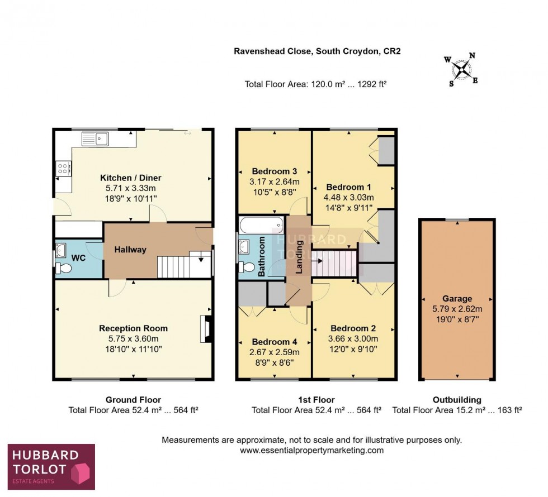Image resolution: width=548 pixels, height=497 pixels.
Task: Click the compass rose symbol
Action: pyautogui.click(x=461, y=69)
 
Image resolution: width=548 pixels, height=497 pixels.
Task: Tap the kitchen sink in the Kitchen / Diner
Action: pyautogui.click(x=97, y=138)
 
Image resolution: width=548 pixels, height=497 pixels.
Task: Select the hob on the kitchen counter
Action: pyautogui.click(x=63, y=168)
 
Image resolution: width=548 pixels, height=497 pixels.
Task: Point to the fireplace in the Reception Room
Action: pyautogui.click(x=205, y=329)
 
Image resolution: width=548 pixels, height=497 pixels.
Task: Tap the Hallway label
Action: pyautogui.click(x=130, y=250)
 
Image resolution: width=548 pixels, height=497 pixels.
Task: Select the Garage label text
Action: pyautogui.click(x=457, y=299)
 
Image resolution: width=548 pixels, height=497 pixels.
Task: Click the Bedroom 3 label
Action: pyautogui.click(x=274, y=171)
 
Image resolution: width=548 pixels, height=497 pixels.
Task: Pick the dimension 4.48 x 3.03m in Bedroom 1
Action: pyautogui.click(x=348, y=197)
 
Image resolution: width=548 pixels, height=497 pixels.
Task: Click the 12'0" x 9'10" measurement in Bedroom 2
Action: pyautogui.click(x=354, y=349)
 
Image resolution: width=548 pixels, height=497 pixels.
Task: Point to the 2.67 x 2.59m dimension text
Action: pyautogui.click(x=274, y=352)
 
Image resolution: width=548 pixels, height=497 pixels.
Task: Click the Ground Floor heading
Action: pyautogui.click(x=133, y=400)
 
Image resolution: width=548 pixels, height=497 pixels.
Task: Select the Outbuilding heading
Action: pyautogui.click(x=457, y=400)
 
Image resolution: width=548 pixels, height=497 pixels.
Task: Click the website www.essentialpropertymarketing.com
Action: pyautogui.click(x=311, y=450)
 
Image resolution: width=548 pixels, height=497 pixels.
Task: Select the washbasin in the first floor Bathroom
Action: pyautogui.click(x=245, y=246)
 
